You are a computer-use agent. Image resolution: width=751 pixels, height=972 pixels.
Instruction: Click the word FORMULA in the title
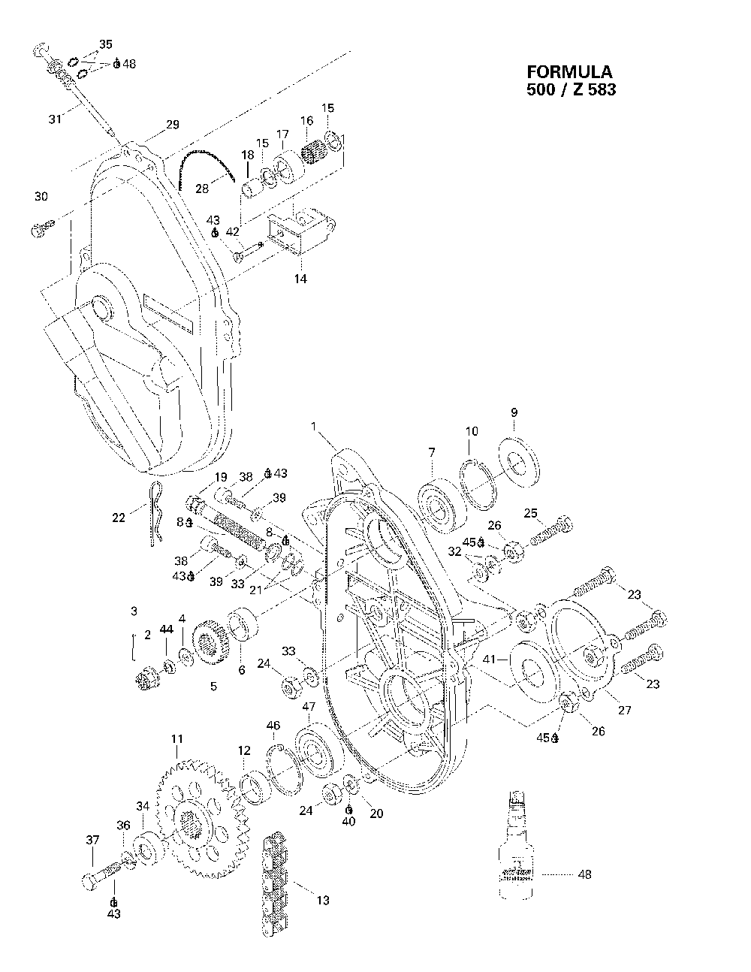(x=569, y=72)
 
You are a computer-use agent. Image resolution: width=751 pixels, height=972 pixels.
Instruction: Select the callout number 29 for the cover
(x=172, y=125)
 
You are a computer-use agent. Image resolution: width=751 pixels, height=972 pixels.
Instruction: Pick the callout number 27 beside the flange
(x=625, y=710)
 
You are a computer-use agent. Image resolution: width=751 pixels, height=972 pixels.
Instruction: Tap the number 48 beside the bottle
(x=585, y=874)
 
